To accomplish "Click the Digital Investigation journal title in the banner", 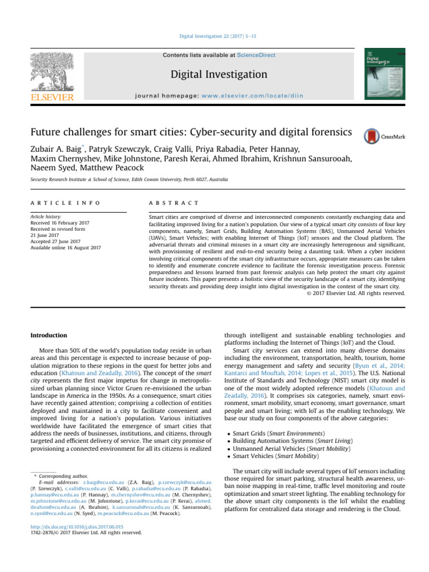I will [214, 74].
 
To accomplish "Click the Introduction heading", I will [49, 335].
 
